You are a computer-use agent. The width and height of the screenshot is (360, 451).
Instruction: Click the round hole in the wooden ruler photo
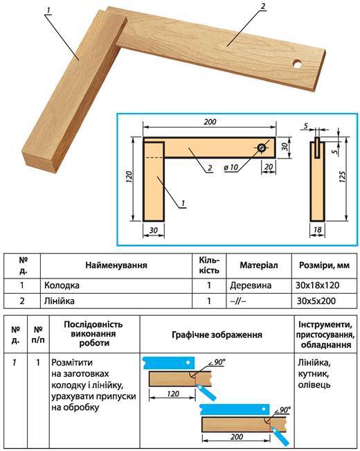(x=298, y=64)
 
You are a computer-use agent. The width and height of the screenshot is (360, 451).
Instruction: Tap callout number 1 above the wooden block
(x=48, y=10)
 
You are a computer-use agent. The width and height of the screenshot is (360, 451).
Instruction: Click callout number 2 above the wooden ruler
(x=262, y=6)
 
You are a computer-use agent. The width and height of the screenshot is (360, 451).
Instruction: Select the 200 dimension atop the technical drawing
(x=210, y=122)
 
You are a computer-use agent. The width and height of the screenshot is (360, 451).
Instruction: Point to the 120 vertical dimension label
(x=129, y=177)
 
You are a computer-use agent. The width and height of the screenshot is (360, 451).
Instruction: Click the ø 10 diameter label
(x=231, y=167)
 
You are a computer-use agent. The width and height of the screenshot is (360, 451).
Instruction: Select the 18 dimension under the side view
(x=318, y=229)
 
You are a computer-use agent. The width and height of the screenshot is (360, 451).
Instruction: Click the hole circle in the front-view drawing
(x=262, y=148)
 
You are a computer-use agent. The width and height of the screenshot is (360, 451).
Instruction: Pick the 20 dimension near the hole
(x=269, y=167)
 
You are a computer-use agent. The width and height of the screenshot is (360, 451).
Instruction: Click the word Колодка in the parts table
(x=62, y=285)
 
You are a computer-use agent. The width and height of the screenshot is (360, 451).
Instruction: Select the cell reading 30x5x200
(x=316, y=301)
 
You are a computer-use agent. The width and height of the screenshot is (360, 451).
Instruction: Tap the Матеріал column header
(x=259, y=265)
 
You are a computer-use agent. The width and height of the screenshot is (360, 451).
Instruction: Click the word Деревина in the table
(x=251, y=285)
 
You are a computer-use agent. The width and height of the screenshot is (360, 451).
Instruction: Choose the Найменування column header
(x=116, y=265)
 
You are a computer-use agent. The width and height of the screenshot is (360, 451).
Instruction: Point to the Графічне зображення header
(x=217, y=335)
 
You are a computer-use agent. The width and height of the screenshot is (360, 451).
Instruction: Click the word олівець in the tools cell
(x=314, y=384)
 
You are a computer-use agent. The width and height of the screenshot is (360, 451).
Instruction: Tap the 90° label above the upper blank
(x=219, y=362)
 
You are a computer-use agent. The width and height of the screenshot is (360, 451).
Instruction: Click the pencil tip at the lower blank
(x=270, y=427)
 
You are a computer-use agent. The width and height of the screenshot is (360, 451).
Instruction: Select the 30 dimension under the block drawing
(x=154, y=230)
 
